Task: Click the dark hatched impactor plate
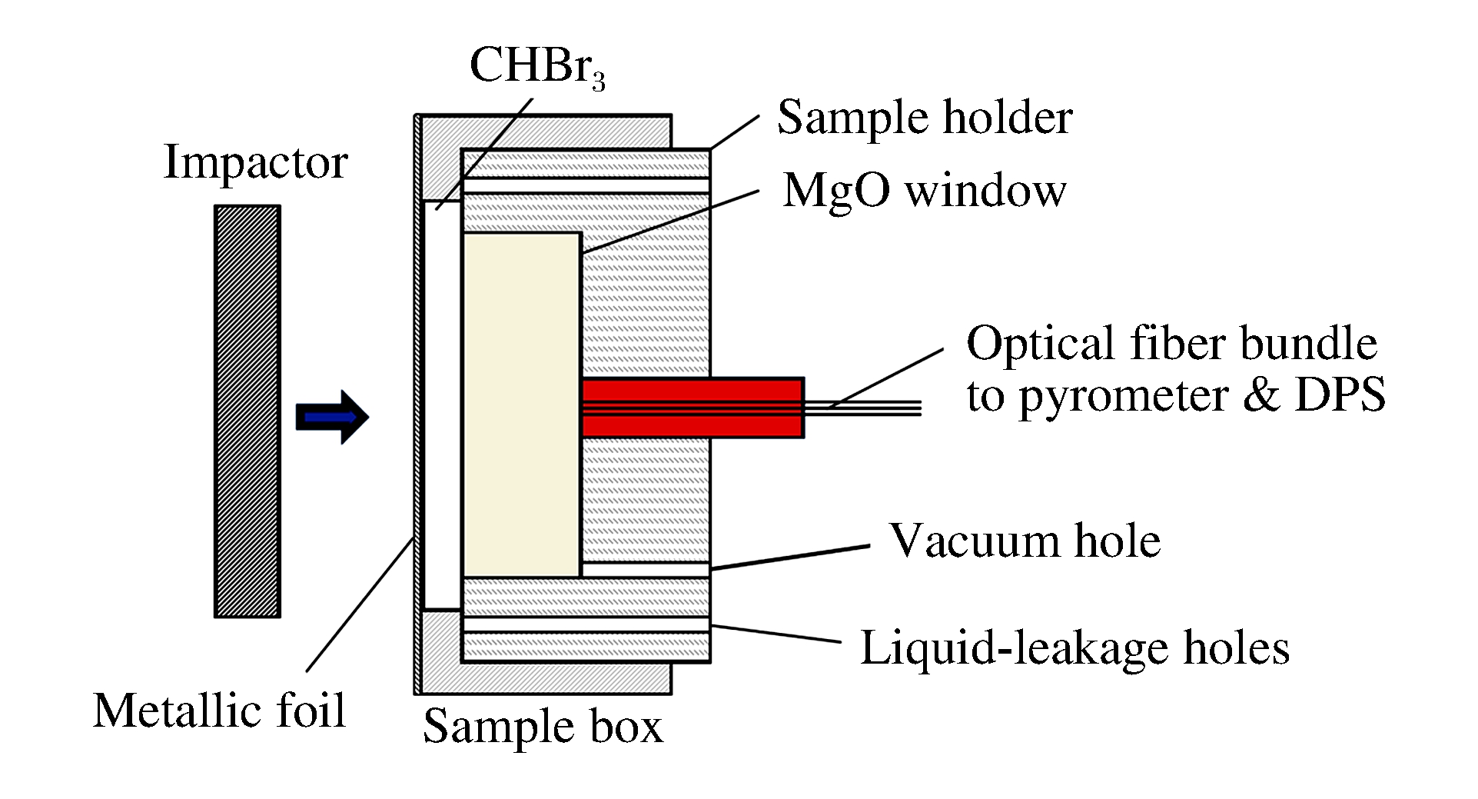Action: coord(247,411)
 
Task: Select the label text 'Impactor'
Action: coord(256,162)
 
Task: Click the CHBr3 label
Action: coord(536,66)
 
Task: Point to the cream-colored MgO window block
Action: coord(521,404)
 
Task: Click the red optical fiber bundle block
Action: coord(692,408)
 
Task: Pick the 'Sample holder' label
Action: coord(925,118)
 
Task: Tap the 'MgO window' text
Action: coord(925,190)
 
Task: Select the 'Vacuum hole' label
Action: coord(1025,541)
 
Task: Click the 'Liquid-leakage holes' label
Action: coord(1074,648)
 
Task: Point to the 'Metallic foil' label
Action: coord(219,710)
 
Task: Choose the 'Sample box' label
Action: coord(543,726)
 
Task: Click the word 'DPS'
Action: coord(1340,396)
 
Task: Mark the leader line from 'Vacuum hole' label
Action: coord(792,558)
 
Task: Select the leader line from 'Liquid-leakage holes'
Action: coord(776,634)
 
